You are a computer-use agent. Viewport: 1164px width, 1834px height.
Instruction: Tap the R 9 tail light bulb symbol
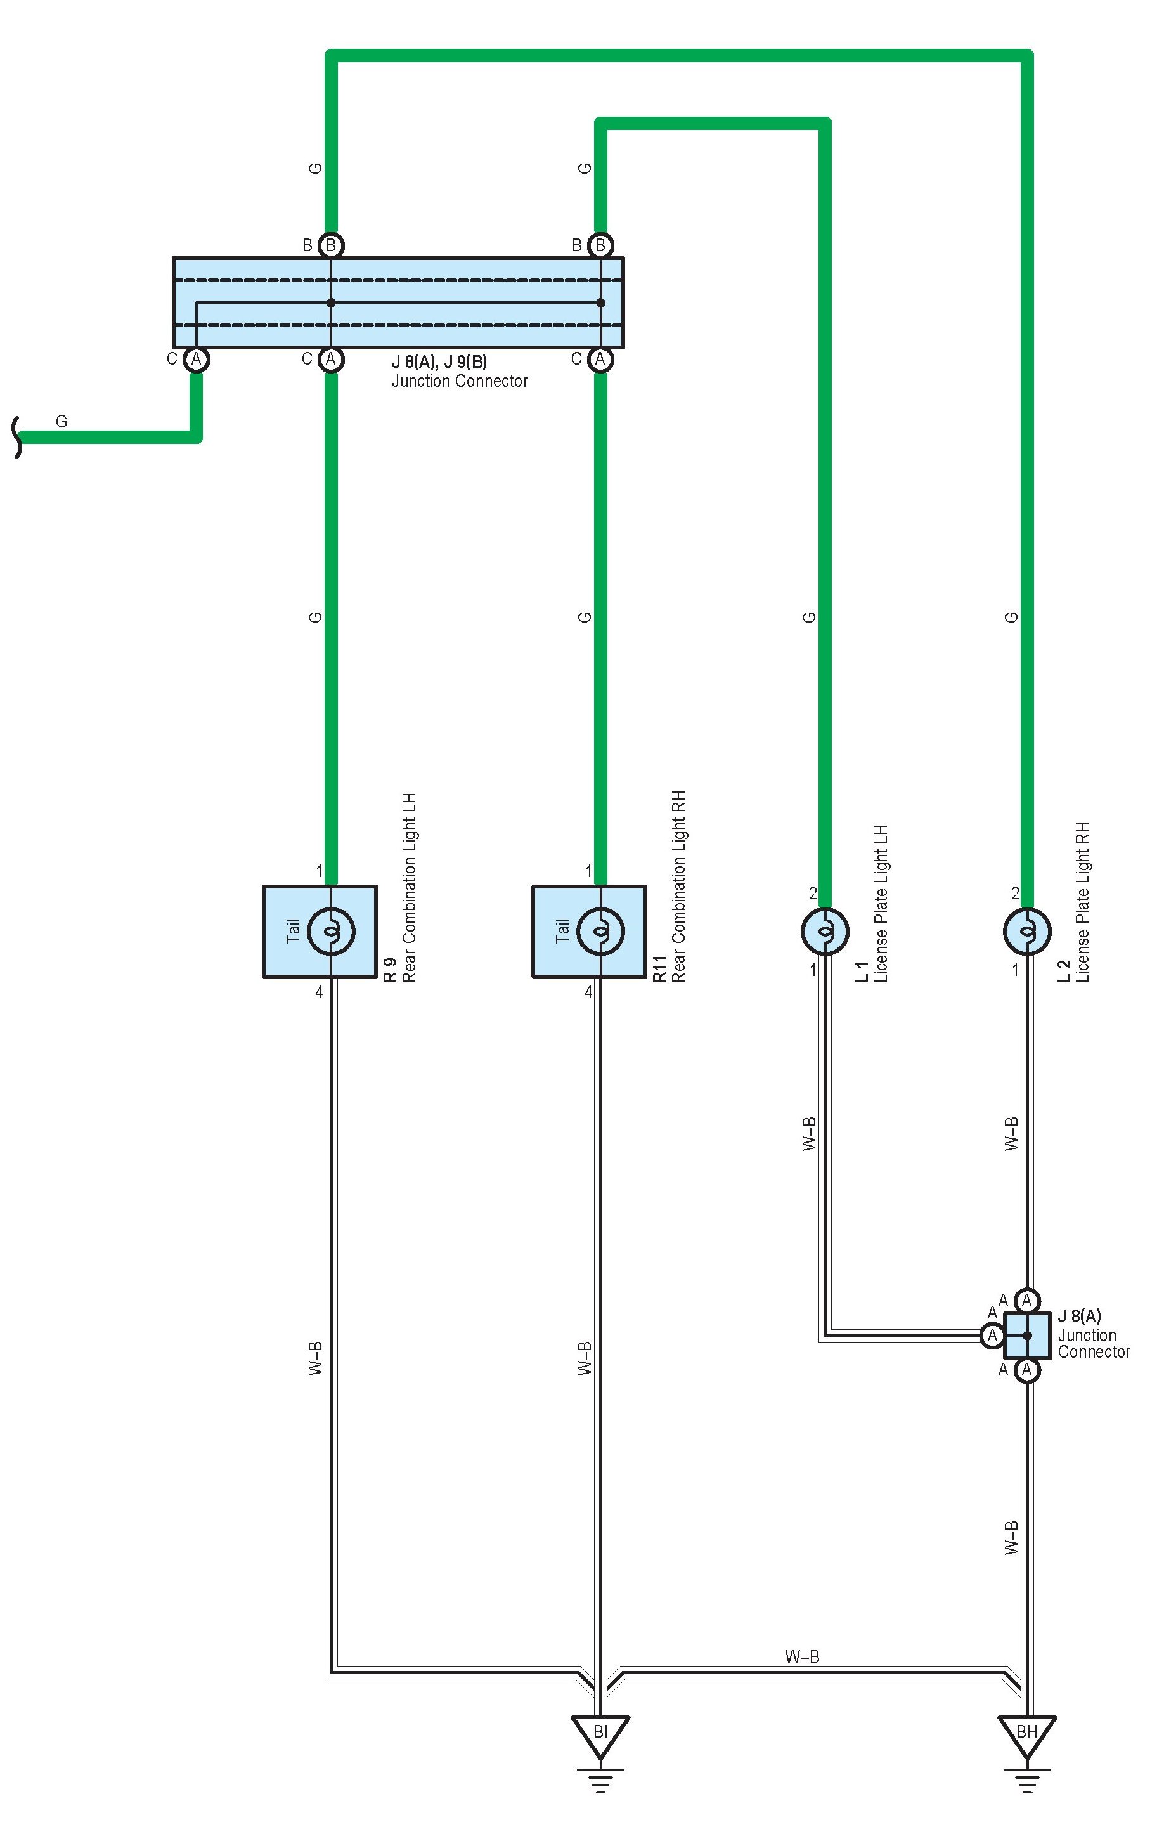330,931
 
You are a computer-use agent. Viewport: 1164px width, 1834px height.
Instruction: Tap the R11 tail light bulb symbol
600,931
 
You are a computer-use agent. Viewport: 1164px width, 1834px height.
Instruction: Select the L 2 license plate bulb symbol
1026,931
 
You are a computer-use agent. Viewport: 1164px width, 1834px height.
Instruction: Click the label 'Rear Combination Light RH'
678,887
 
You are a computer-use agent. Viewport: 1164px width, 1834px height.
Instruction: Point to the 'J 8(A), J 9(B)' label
439,361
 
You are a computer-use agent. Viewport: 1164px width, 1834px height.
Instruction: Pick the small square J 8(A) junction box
1027,1335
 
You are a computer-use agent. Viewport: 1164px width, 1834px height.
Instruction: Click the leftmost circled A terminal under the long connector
197,359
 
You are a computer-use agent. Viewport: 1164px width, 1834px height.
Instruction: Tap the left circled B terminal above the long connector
330,245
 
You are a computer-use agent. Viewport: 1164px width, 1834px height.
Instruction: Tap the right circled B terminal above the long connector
600,245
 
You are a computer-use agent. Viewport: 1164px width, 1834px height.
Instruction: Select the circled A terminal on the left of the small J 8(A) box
992,1335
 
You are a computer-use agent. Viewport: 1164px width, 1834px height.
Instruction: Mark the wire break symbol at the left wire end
16,437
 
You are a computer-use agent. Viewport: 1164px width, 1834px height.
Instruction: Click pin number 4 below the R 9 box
319,992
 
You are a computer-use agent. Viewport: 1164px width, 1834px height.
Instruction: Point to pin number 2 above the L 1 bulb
813,894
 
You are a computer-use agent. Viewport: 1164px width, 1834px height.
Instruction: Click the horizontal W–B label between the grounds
801,1656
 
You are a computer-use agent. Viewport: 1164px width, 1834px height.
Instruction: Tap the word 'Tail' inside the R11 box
562,931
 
